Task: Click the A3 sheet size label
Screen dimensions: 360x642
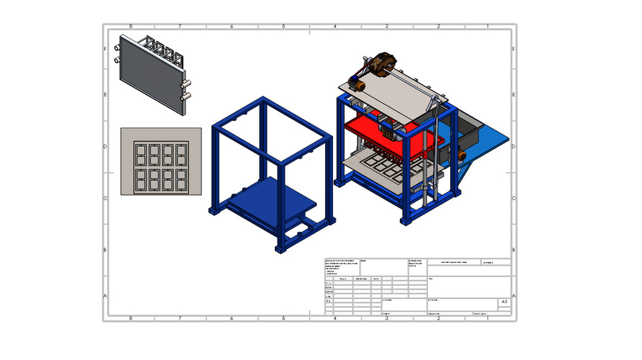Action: click(x=504, y=302)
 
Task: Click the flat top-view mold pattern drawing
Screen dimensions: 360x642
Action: click(x=160, y=161)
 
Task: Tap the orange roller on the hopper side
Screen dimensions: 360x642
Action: click(x=461, y=155)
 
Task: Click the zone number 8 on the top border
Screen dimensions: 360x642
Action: click(x=130, y=27)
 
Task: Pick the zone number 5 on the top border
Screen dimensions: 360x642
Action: click(x=284, y=27)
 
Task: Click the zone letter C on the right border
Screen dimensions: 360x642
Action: click(x=513, y=198)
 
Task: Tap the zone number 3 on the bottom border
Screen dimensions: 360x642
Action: click(x=387, y=318)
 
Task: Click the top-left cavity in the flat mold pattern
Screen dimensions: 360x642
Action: click(x=140, y=155)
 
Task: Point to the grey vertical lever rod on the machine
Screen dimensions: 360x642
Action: click(x=428, y=154)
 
